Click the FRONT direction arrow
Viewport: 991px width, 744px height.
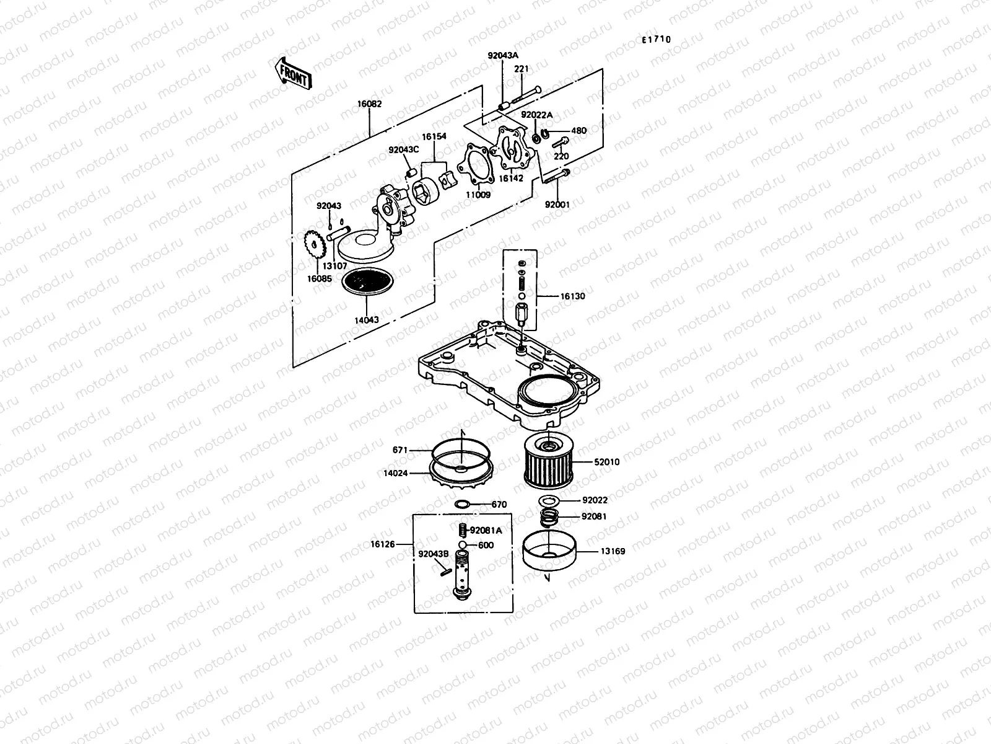(292, 74)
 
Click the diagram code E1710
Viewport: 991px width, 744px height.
(656, 40)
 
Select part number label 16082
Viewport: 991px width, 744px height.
(369, 105)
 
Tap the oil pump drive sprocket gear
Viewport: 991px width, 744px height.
(316, 246)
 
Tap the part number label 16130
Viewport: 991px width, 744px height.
(572, 296)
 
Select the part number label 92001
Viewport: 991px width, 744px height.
(557, 203)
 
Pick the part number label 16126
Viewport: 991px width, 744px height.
(383, 544)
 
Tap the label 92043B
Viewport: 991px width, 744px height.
(433, 554)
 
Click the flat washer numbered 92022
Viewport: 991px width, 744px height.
(549, 500)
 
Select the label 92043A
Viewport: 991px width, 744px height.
(502, 55)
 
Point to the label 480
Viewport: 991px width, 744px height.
(578, 131)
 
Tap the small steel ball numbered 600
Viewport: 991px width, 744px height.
(462, 545)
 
